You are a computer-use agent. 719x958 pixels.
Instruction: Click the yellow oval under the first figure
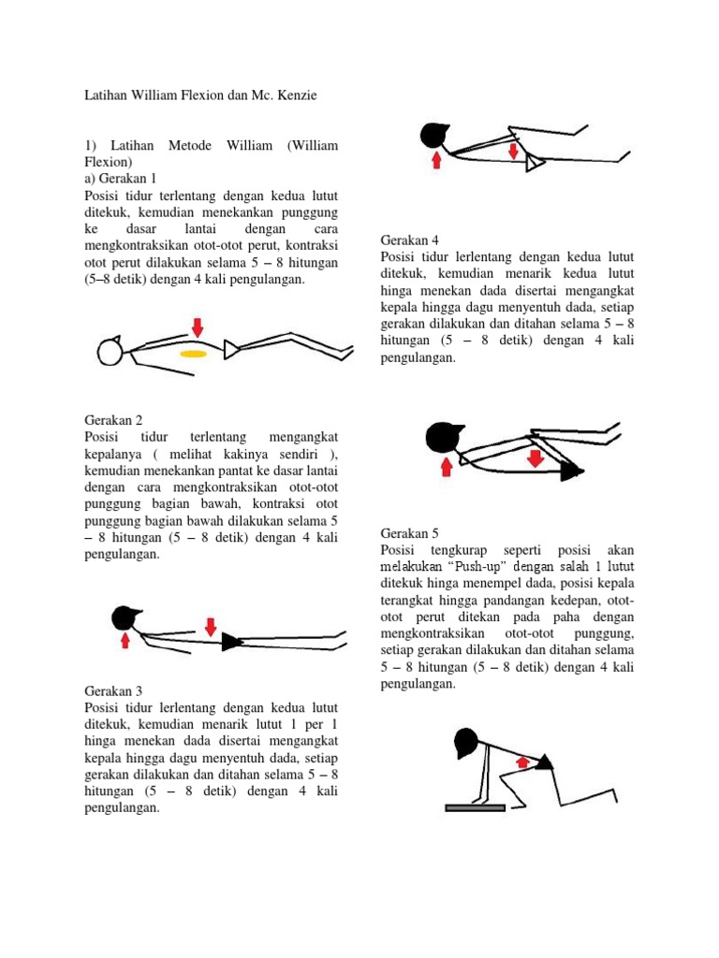(x=194, y=355)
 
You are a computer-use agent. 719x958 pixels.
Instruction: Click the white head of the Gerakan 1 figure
(x=110, y=352)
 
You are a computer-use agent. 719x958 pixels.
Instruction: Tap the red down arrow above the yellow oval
(x=197, y=327)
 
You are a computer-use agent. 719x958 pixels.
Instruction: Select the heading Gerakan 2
(x=113, y=420)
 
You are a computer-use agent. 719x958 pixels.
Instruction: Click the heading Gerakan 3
(x=113, y=690)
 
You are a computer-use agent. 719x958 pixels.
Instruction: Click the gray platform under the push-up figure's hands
(x=475, y=807)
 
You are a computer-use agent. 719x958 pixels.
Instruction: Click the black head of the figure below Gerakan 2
(x=125, y=617)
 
